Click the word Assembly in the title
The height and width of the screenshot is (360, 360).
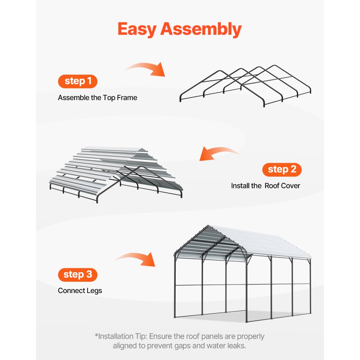[x=201, y=30]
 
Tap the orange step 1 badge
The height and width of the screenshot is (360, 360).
[x=78, y=81]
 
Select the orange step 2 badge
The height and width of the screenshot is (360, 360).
[x=282, y=170]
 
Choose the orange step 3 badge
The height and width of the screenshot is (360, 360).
[x=78, y=275]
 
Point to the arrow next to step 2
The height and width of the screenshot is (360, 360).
[x=220, y=154]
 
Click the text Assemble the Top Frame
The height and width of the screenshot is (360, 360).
[x=98, y=98]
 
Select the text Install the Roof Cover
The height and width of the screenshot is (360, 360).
[x=265, y=186]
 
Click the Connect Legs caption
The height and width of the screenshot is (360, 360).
[x=80, y=291]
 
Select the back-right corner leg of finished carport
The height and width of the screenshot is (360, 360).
[x=310, y=288]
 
